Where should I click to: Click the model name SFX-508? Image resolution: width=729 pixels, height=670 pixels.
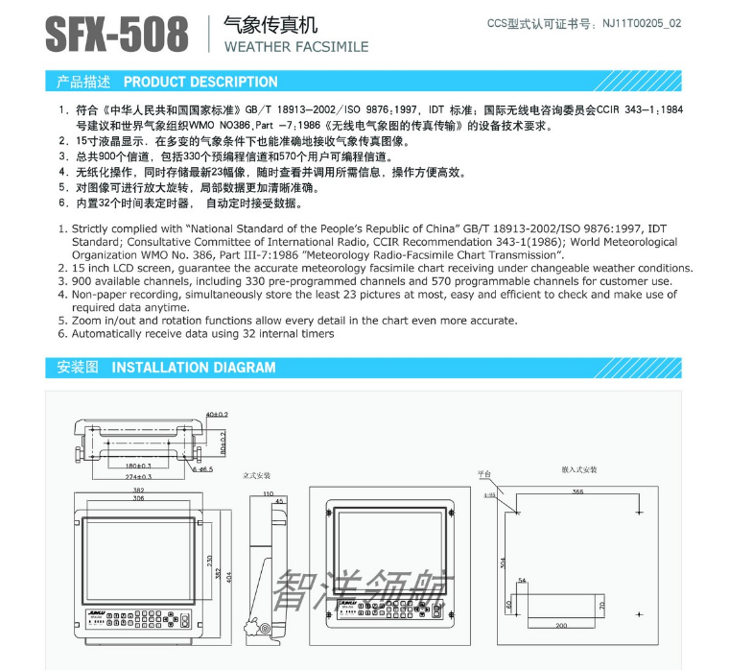[x=117, y=36]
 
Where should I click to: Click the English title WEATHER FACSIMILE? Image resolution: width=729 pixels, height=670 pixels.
[x=295, y=46]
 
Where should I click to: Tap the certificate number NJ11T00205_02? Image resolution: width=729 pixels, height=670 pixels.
[x=642, y=22]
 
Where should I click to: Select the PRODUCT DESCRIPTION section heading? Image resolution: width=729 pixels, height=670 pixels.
[x=200, y=82]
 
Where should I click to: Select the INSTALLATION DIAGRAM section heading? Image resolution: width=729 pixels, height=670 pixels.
[x=193, y=368]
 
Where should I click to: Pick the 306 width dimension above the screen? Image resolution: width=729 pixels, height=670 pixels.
[x=139, y=498]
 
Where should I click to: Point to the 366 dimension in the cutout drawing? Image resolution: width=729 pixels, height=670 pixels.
[x=577, y=491]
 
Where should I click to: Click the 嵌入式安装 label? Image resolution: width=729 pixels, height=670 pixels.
[x=579, y=470]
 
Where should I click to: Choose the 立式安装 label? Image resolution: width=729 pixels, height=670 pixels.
[x=257, y=475]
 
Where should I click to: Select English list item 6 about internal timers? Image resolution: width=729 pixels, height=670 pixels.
[x=196, y=333]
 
